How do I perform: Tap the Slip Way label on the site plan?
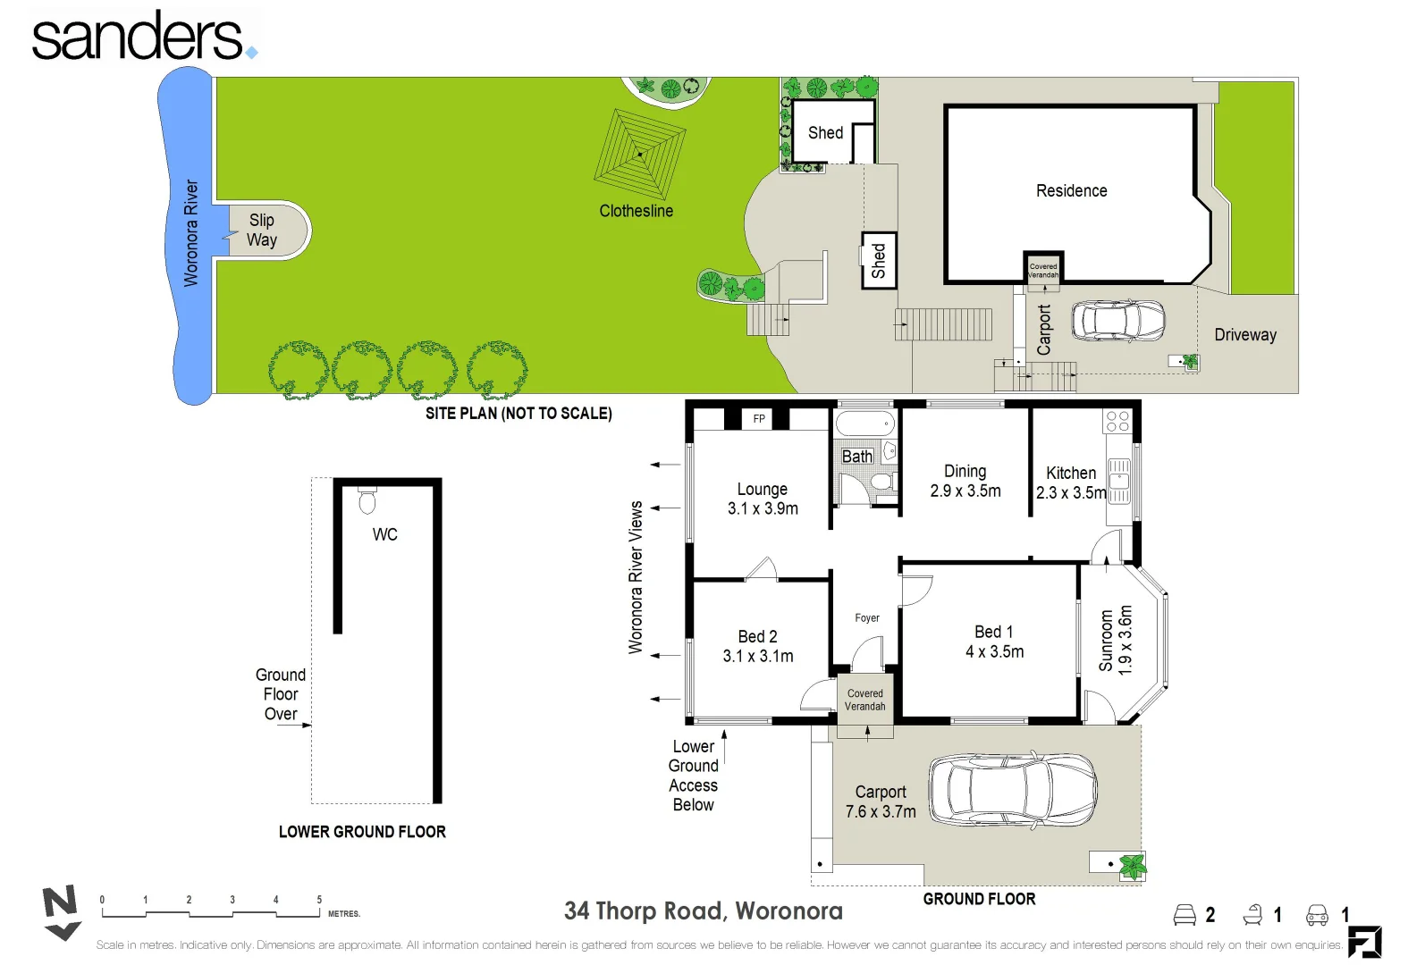[x=262, y=230]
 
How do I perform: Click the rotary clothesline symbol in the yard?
[x=640, y=154]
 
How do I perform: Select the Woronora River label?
[x=191, y=232]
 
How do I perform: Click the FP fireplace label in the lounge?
[x=759, y=418]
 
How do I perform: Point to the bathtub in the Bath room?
[x=864, y=424]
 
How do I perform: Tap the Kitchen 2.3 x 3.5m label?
[x=1071, y=482]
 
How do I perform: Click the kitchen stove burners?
[x=1117, y=422]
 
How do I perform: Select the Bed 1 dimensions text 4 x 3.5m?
[x=994, y=652]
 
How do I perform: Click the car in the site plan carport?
[x=1118, y=321]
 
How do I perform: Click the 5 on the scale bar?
[x=319, y=900]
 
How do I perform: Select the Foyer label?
[x=867, y=617]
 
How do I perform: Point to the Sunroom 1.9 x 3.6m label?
[x=1116, y=640]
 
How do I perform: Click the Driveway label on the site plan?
[x=1244, y=335]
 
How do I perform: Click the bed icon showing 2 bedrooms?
[x=1184, y=915]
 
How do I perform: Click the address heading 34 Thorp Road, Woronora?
[x=703, y=910]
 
